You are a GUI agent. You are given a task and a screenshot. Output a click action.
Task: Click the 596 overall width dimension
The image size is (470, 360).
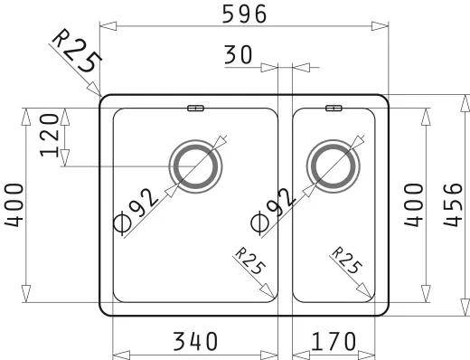pos(244,14)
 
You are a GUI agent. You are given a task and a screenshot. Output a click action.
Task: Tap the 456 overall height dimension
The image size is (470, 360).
pos(453,204)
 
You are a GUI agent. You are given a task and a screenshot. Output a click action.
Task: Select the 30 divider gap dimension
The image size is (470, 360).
pos(238,54)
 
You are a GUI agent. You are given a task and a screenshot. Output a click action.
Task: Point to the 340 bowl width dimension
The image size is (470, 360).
pos(195,341)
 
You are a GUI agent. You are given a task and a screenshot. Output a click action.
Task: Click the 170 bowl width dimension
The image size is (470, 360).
pos(334,341)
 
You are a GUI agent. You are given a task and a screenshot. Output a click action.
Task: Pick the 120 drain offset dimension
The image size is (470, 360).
pos(50,136)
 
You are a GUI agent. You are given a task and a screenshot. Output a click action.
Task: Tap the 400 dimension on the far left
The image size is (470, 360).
pos(14,205)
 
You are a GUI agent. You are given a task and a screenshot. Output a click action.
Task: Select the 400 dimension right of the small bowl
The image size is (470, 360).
pos(414,205)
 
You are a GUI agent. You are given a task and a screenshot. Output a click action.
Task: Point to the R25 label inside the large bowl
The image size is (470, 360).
pos(250,261)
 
